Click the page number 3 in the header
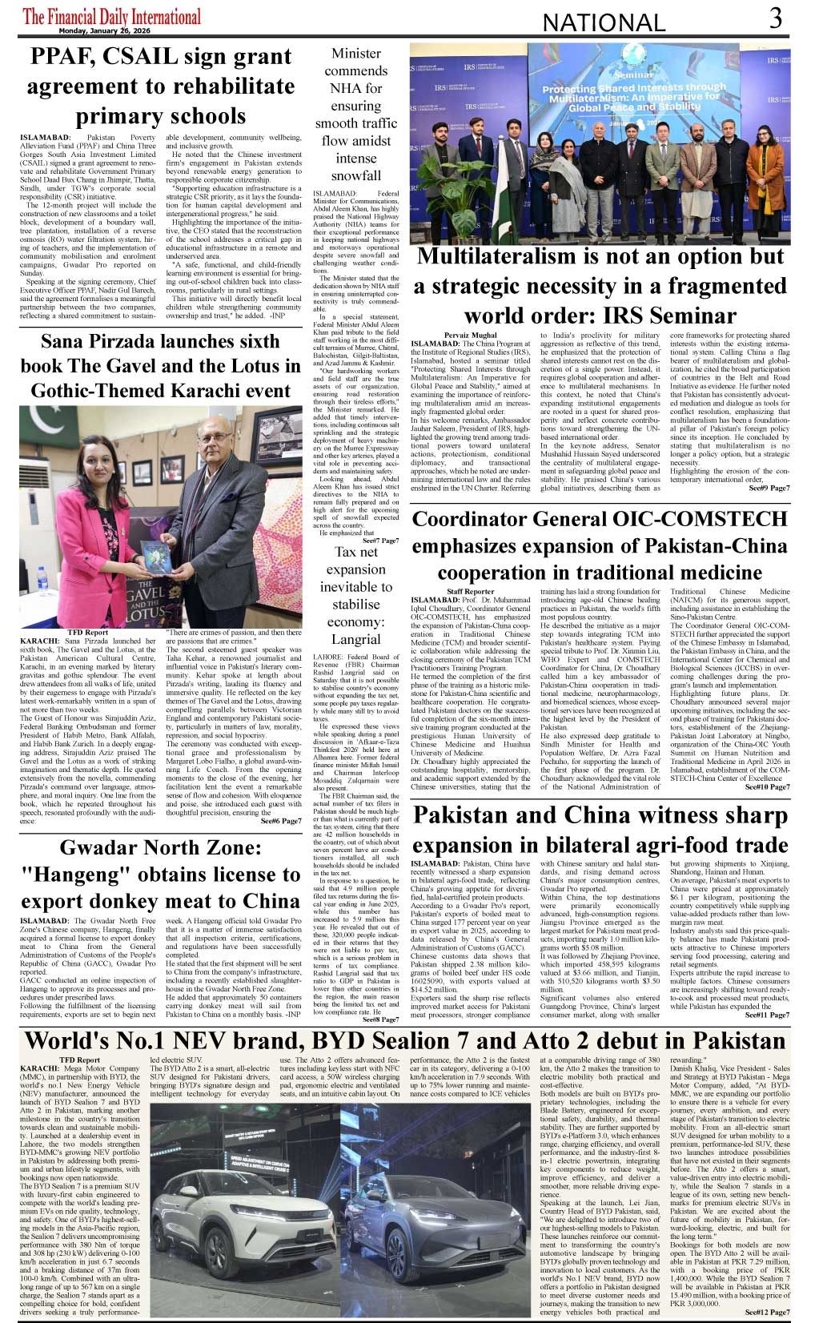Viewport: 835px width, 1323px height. pyautogui.click(x=775, y=18)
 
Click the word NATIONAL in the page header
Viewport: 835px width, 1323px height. pyautogui.click(x=604, y=23)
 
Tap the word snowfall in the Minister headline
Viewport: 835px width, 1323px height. pyautogui.click(x=356, y=175)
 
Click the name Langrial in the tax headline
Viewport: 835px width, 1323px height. pyautogui.click(x=356, y=639)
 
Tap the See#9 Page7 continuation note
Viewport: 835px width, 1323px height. pyautogui.click(x=769, y=488)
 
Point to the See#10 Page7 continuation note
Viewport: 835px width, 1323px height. pyautogui.click(x=767, y=787)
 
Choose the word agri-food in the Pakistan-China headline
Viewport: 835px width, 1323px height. pyautogui.click(x=656, y=846)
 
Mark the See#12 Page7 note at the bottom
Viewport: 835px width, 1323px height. pyautogui.click(x=767, y=1312)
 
